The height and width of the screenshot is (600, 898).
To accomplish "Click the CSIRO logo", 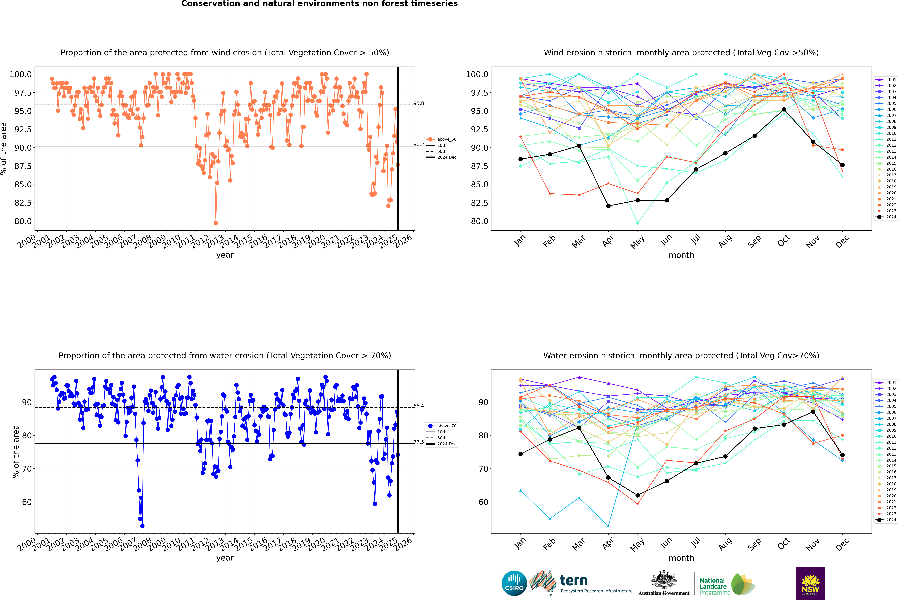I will [x=514, y=583].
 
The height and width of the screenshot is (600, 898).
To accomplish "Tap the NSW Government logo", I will [x=810, y=583].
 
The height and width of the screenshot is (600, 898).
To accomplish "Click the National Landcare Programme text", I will [x=712, y=587].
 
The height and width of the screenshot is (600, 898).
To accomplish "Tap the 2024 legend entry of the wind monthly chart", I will [x=887, y=217].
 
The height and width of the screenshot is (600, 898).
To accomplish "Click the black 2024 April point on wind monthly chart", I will [x=608, y=206].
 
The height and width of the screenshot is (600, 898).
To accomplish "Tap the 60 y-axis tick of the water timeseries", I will [x=27, y=502].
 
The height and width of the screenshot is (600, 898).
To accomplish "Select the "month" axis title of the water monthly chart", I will [x=681, y=558].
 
